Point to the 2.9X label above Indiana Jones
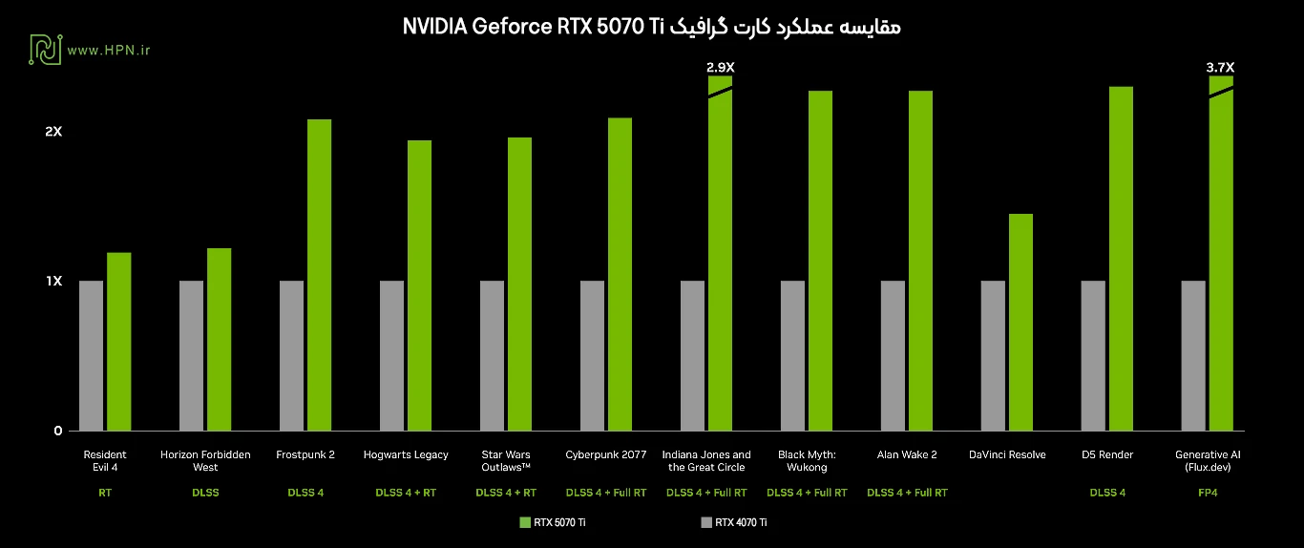[720, 67]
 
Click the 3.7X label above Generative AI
[1220, 67]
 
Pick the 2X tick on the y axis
[53, 131]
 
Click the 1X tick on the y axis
[53, 281]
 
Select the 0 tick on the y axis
[57, 431]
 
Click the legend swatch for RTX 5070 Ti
[524, 522]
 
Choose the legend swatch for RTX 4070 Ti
[705, 522]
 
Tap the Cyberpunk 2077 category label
[605, 454]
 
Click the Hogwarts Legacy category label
[406, 454]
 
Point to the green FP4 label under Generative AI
[1208, 493]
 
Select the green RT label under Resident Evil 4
[105, 493]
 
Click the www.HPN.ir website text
[109, 50]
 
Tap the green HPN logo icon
[45, 50]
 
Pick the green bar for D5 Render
[1121, 259]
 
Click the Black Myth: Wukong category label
[807, 461]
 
